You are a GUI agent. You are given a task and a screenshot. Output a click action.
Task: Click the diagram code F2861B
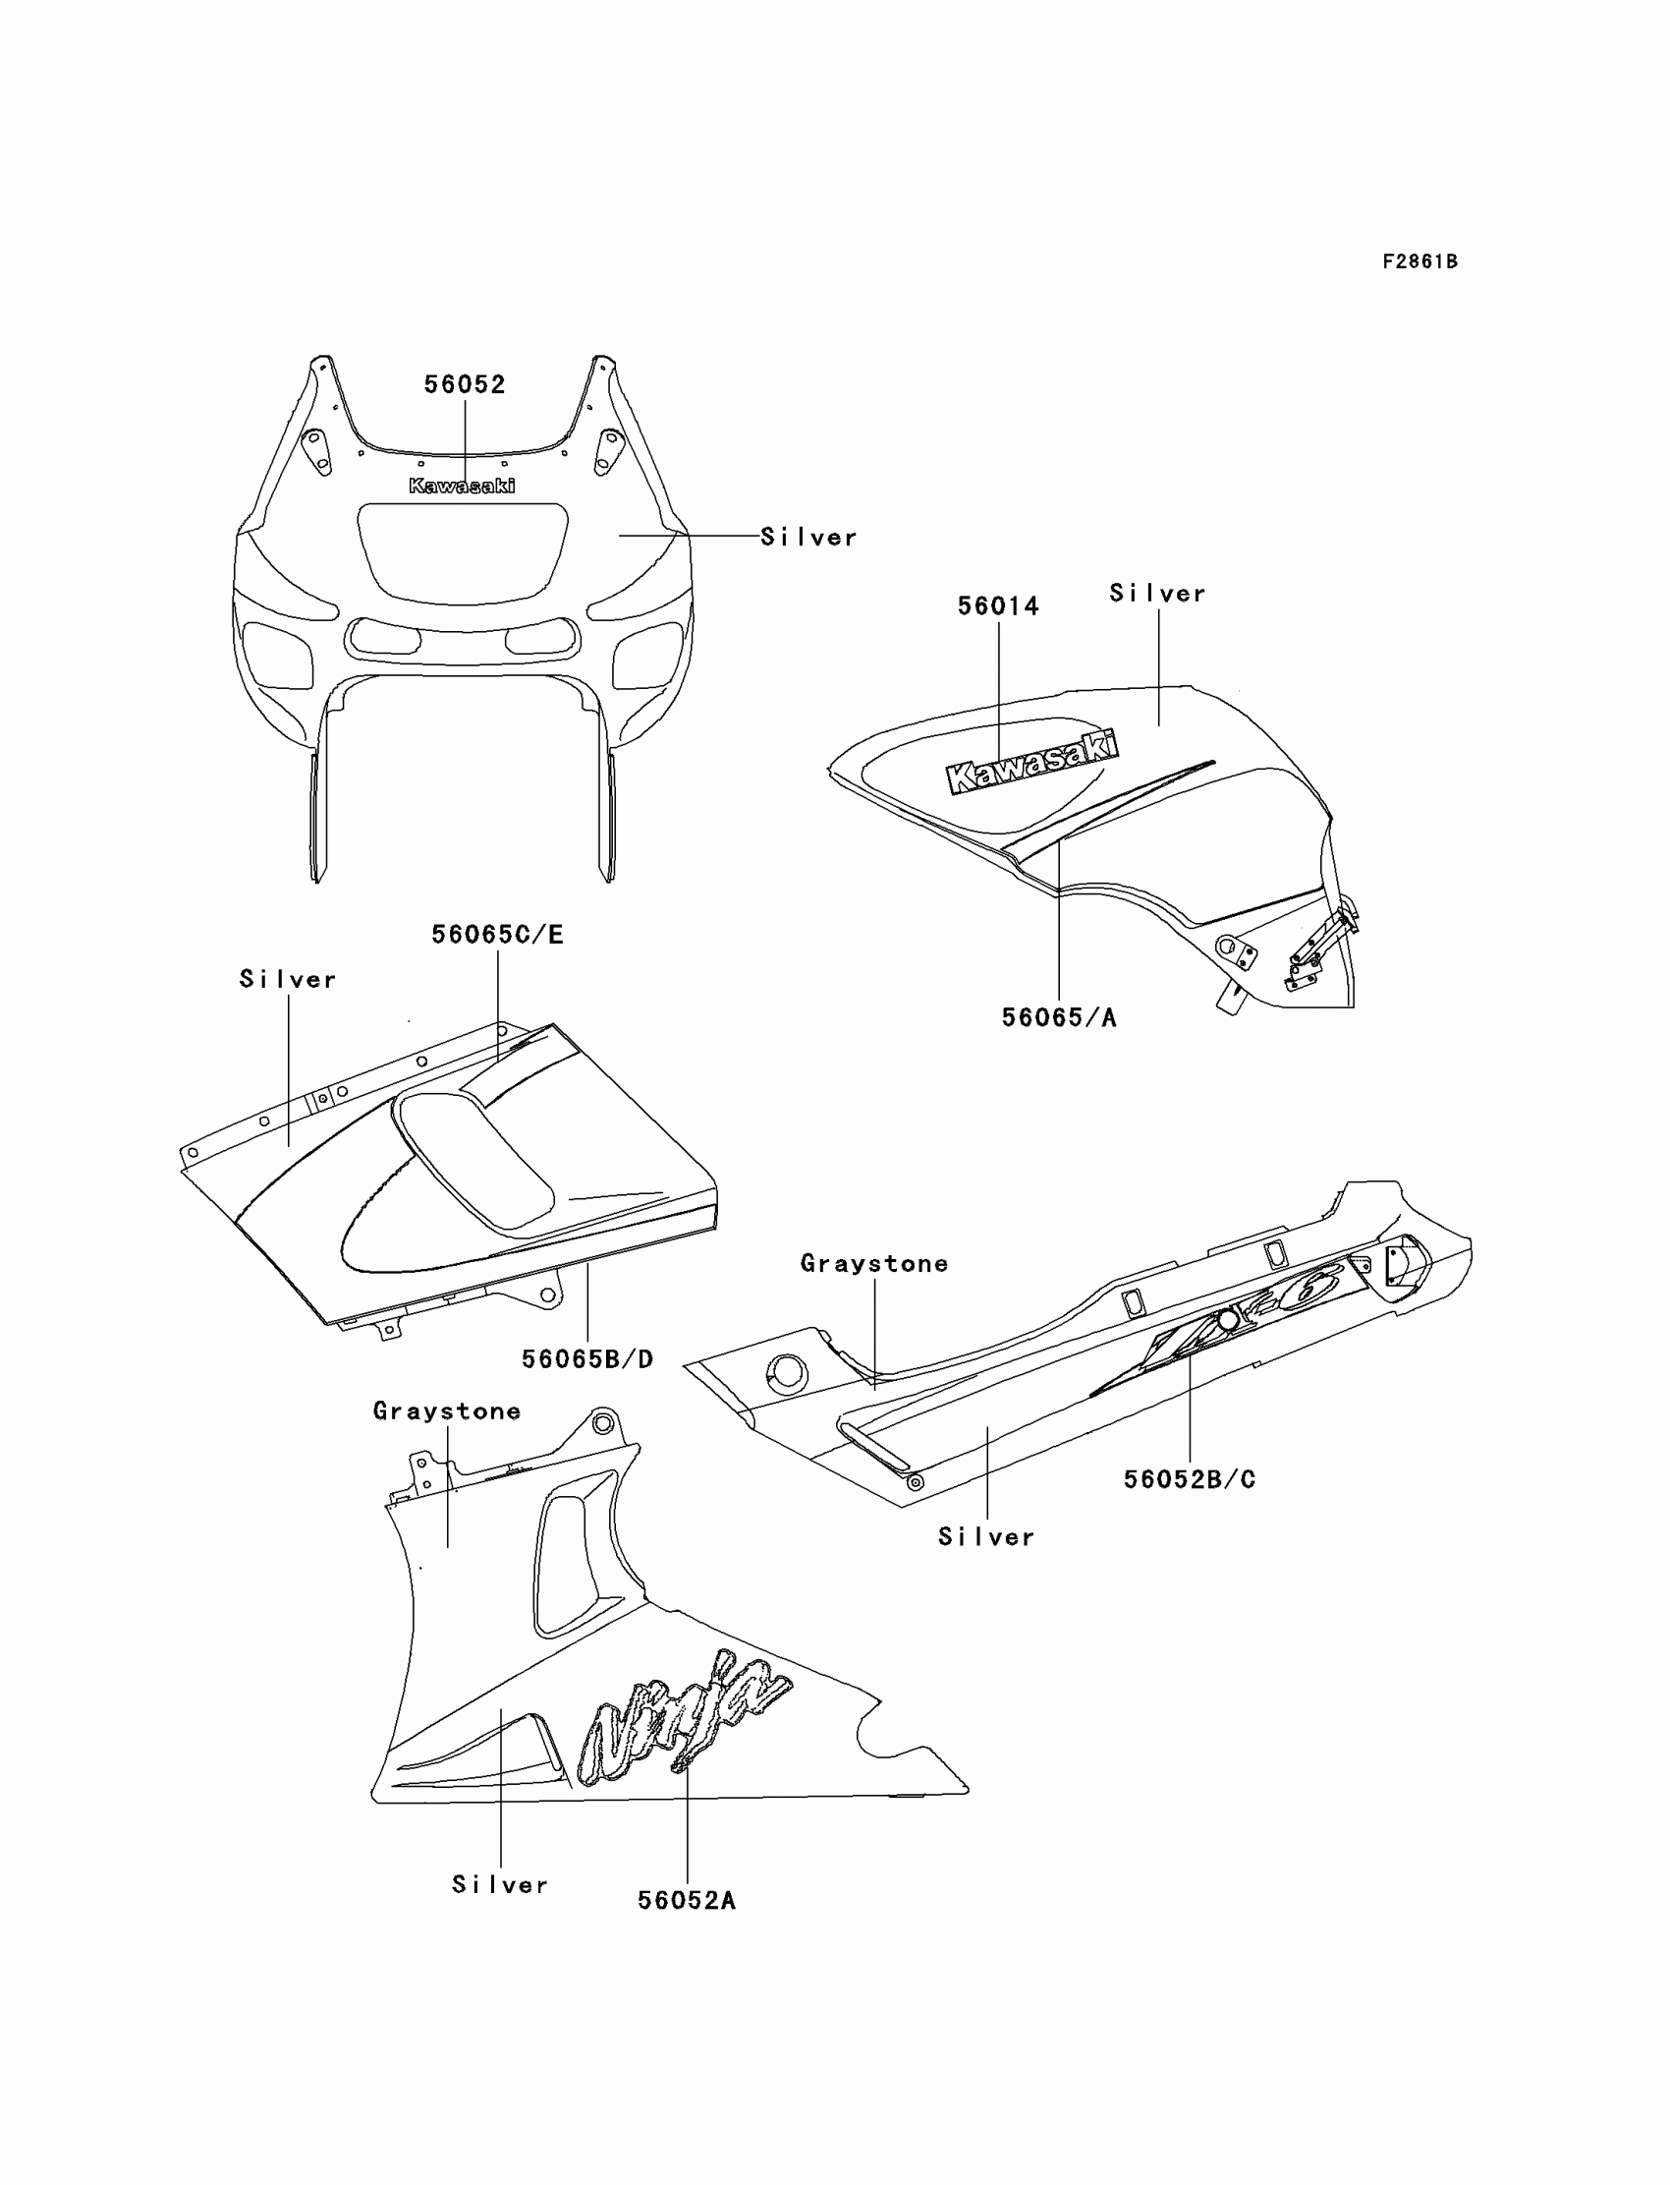coord(1419,261)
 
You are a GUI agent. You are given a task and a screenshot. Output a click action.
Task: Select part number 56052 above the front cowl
coord(465,385)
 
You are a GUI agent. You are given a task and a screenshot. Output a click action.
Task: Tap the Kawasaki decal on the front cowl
coord(463,486)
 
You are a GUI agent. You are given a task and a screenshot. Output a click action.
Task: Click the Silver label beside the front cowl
coord(808,537)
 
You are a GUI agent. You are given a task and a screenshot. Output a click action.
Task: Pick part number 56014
coord(998,606)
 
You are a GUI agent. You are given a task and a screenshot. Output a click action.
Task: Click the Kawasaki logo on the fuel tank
coord(1031,763)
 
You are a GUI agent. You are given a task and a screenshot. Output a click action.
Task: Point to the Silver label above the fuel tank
coord(1157,594)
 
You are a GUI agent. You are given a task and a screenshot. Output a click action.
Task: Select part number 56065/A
coord(1059,1018)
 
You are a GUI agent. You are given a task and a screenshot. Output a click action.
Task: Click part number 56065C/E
coord(497,935)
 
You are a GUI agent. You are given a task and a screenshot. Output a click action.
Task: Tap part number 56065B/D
coord(587,1359)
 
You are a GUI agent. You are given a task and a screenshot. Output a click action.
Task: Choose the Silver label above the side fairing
coord(288,980)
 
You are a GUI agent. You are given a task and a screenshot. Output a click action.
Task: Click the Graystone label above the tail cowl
coord(873,1264)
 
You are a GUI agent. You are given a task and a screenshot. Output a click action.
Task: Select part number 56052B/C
coord(1189,1480)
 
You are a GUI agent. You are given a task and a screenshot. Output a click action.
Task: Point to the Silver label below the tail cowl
coord(986,1537)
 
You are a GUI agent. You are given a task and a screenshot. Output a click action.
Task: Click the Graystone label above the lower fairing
coord(446,1411)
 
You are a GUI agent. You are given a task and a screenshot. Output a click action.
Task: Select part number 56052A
coord(686,1901)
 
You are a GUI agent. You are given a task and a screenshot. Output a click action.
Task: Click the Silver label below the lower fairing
coord(500,1884)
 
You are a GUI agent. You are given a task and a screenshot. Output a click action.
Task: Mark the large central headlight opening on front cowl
coord(463,553)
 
